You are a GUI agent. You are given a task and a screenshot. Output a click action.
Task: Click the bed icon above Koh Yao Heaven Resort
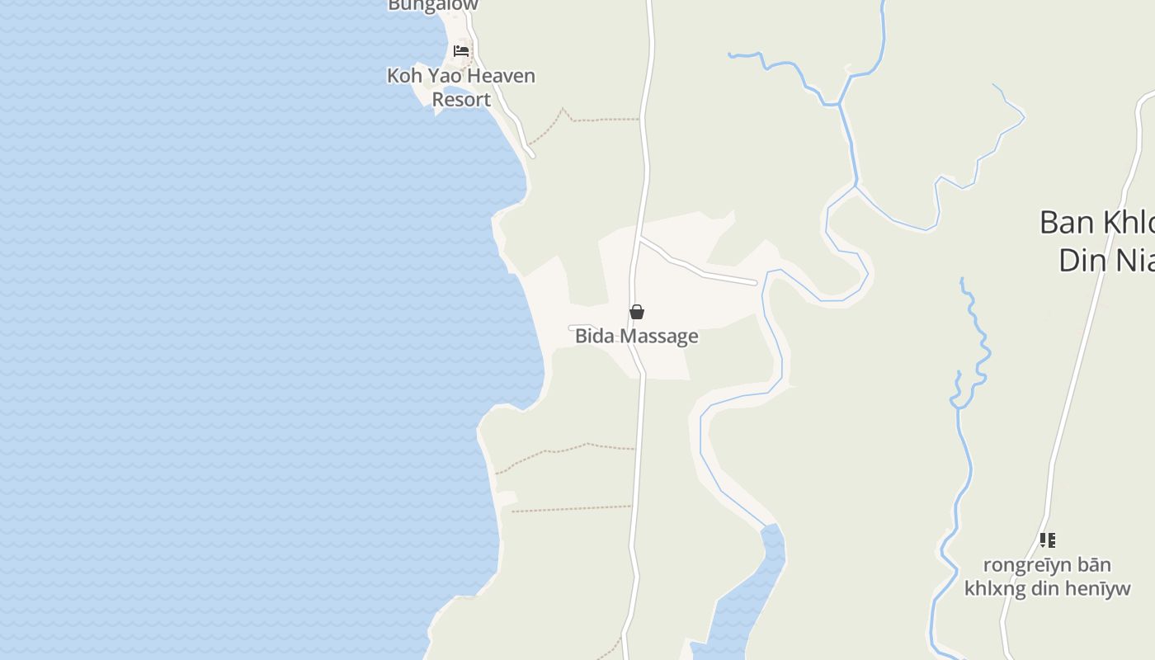461,51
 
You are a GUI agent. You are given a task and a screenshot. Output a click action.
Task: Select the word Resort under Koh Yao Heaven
461,100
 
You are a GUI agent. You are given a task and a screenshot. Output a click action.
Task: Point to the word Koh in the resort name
404,76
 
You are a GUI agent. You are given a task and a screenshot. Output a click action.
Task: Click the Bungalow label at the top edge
433,5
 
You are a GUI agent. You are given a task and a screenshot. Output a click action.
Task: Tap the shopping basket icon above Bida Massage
637,312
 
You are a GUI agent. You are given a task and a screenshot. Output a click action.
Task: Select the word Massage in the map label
659,336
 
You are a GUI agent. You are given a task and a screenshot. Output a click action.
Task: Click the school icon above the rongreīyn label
1047,540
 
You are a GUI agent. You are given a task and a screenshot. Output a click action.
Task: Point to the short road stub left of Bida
580,328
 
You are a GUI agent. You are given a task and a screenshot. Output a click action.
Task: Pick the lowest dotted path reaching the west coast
569,508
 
